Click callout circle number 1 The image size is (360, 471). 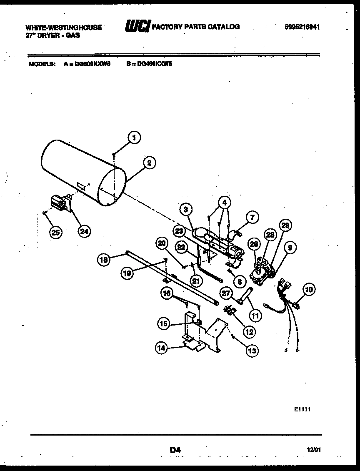(x=133, y=138)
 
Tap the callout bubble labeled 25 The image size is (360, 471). (x=55, y=233)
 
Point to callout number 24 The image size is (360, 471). (x=84, y=232)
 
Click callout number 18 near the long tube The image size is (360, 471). (x=104, y=260)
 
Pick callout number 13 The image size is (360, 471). (x=251, y=351)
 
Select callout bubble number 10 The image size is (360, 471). (x=310, y=289)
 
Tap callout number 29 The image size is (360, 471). (x=285, y=227)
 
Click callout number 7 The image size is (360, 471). (x=252, y=217)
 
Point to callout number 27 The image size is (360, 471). (x=226, y=293)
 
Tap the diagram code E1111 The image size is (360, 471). (x=303, y=410)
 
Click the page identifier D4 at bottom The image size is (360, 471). (x=175, y=450)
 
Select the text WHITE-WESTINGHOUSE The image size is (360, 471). (x=63, y=28)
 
